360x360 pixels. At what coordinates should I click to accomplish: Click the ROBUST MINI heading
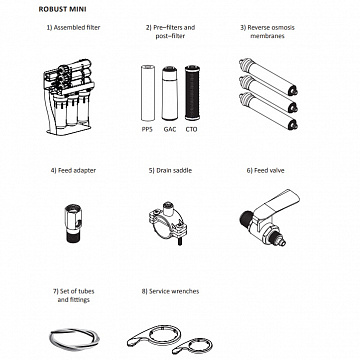[x=62, y=9]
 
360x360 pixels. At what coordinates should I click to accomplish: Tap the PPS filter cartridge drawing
[x=148, y=93]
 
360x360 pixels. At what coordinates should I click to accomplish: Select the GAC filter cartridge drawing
[x=170, y=93]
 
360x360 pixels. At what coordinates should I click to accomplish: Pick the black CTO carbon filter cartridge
[x=192, y=93]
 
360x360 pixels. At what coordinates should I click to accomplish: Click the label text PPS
[x=147, y=129]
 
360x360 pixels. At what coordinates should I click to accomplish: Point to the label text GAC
[x=170, y=129]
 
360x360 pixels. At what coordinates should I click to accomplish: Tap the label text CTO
[x=191, y=129]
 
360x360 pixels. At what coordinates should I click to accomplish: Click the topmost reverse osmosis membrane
[x=268, y=77]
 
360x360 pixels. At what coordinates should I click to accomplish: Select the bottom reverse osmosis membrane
[x=268, y=111]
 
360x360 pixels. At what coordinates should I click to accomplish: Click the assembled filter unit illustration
[x=68, y=97]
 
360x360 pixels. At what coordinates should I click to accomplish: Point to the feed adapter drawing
[x=73, y=224]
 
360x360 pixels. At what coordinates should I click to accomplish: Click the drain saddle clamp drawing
[x=168, y=222]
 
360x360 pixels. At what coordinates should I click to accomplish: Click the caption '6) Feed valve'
[x=265, y=170]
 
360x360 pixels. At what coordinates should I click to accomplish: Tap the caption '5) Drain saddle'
[x=170, y=170]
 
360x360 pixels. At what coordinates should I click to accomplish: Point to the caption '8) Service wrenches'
[x=170, y=291]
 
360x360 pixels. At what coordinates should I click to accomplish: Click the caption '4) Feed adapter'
[x=73, y=170]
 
